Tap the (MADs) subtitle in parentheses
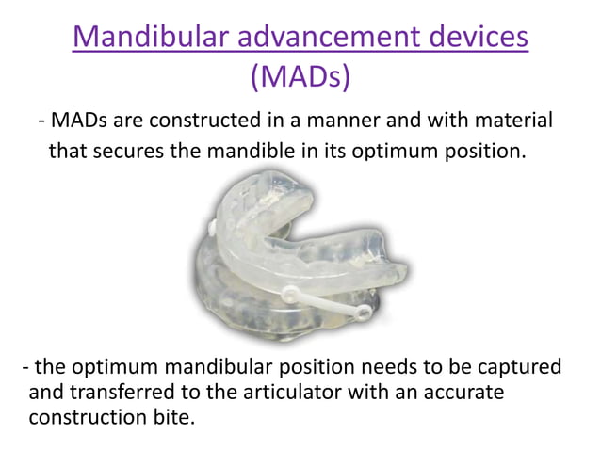[300, 76]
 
